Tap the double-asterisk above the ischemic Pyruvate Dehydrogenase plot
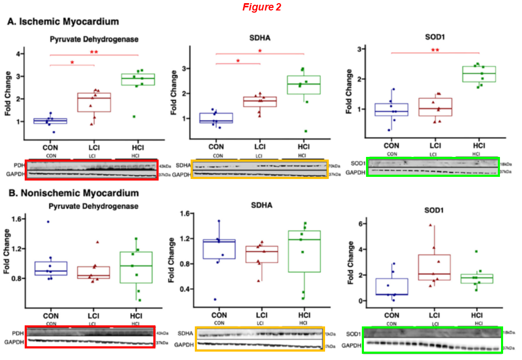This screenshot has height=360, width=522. coord(94,52)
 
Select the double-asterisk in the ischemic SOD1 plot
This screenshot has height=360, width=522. coord(435,50)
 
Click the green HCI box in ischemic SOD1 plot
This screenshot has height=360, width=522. coord(478,74)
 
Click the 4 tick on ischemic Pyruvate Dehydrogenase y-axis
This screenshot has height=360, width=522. coord(19,54)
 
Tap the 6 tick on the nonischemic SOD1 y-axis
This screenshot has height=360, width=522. coord(357,224)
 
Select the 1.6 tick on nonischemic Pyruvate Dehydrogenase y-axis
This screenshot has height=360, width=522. coord(16,219)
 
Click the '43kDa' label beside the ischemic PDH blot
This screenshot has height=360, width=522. coord(164,165)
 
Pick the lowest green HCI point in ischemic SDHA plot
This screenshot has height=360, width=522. coord(305,131)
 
